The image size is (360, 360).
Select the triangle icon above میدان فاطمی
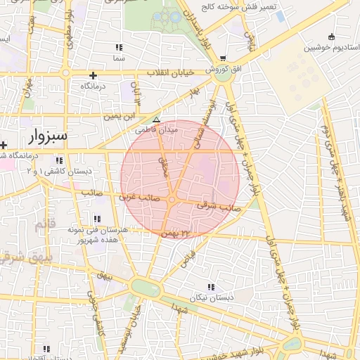click(x=156, y=120)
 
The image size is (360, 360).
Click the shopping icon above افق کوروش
click(x=223, y=58)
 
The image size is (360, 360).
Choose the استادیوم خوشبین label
click(x=327, y=48)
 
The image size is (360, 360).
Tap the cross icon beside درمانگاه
click(x=93, y=75)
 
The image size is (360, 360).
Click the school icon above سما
click(x=118, y=47)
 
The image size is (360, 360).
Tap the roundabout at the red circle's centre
click(x=172, y=200)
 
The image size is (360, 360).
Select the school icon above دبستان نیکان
click(x=212, y=286)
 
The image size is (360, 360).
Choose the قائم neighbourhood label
click(x=44, y=225)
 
